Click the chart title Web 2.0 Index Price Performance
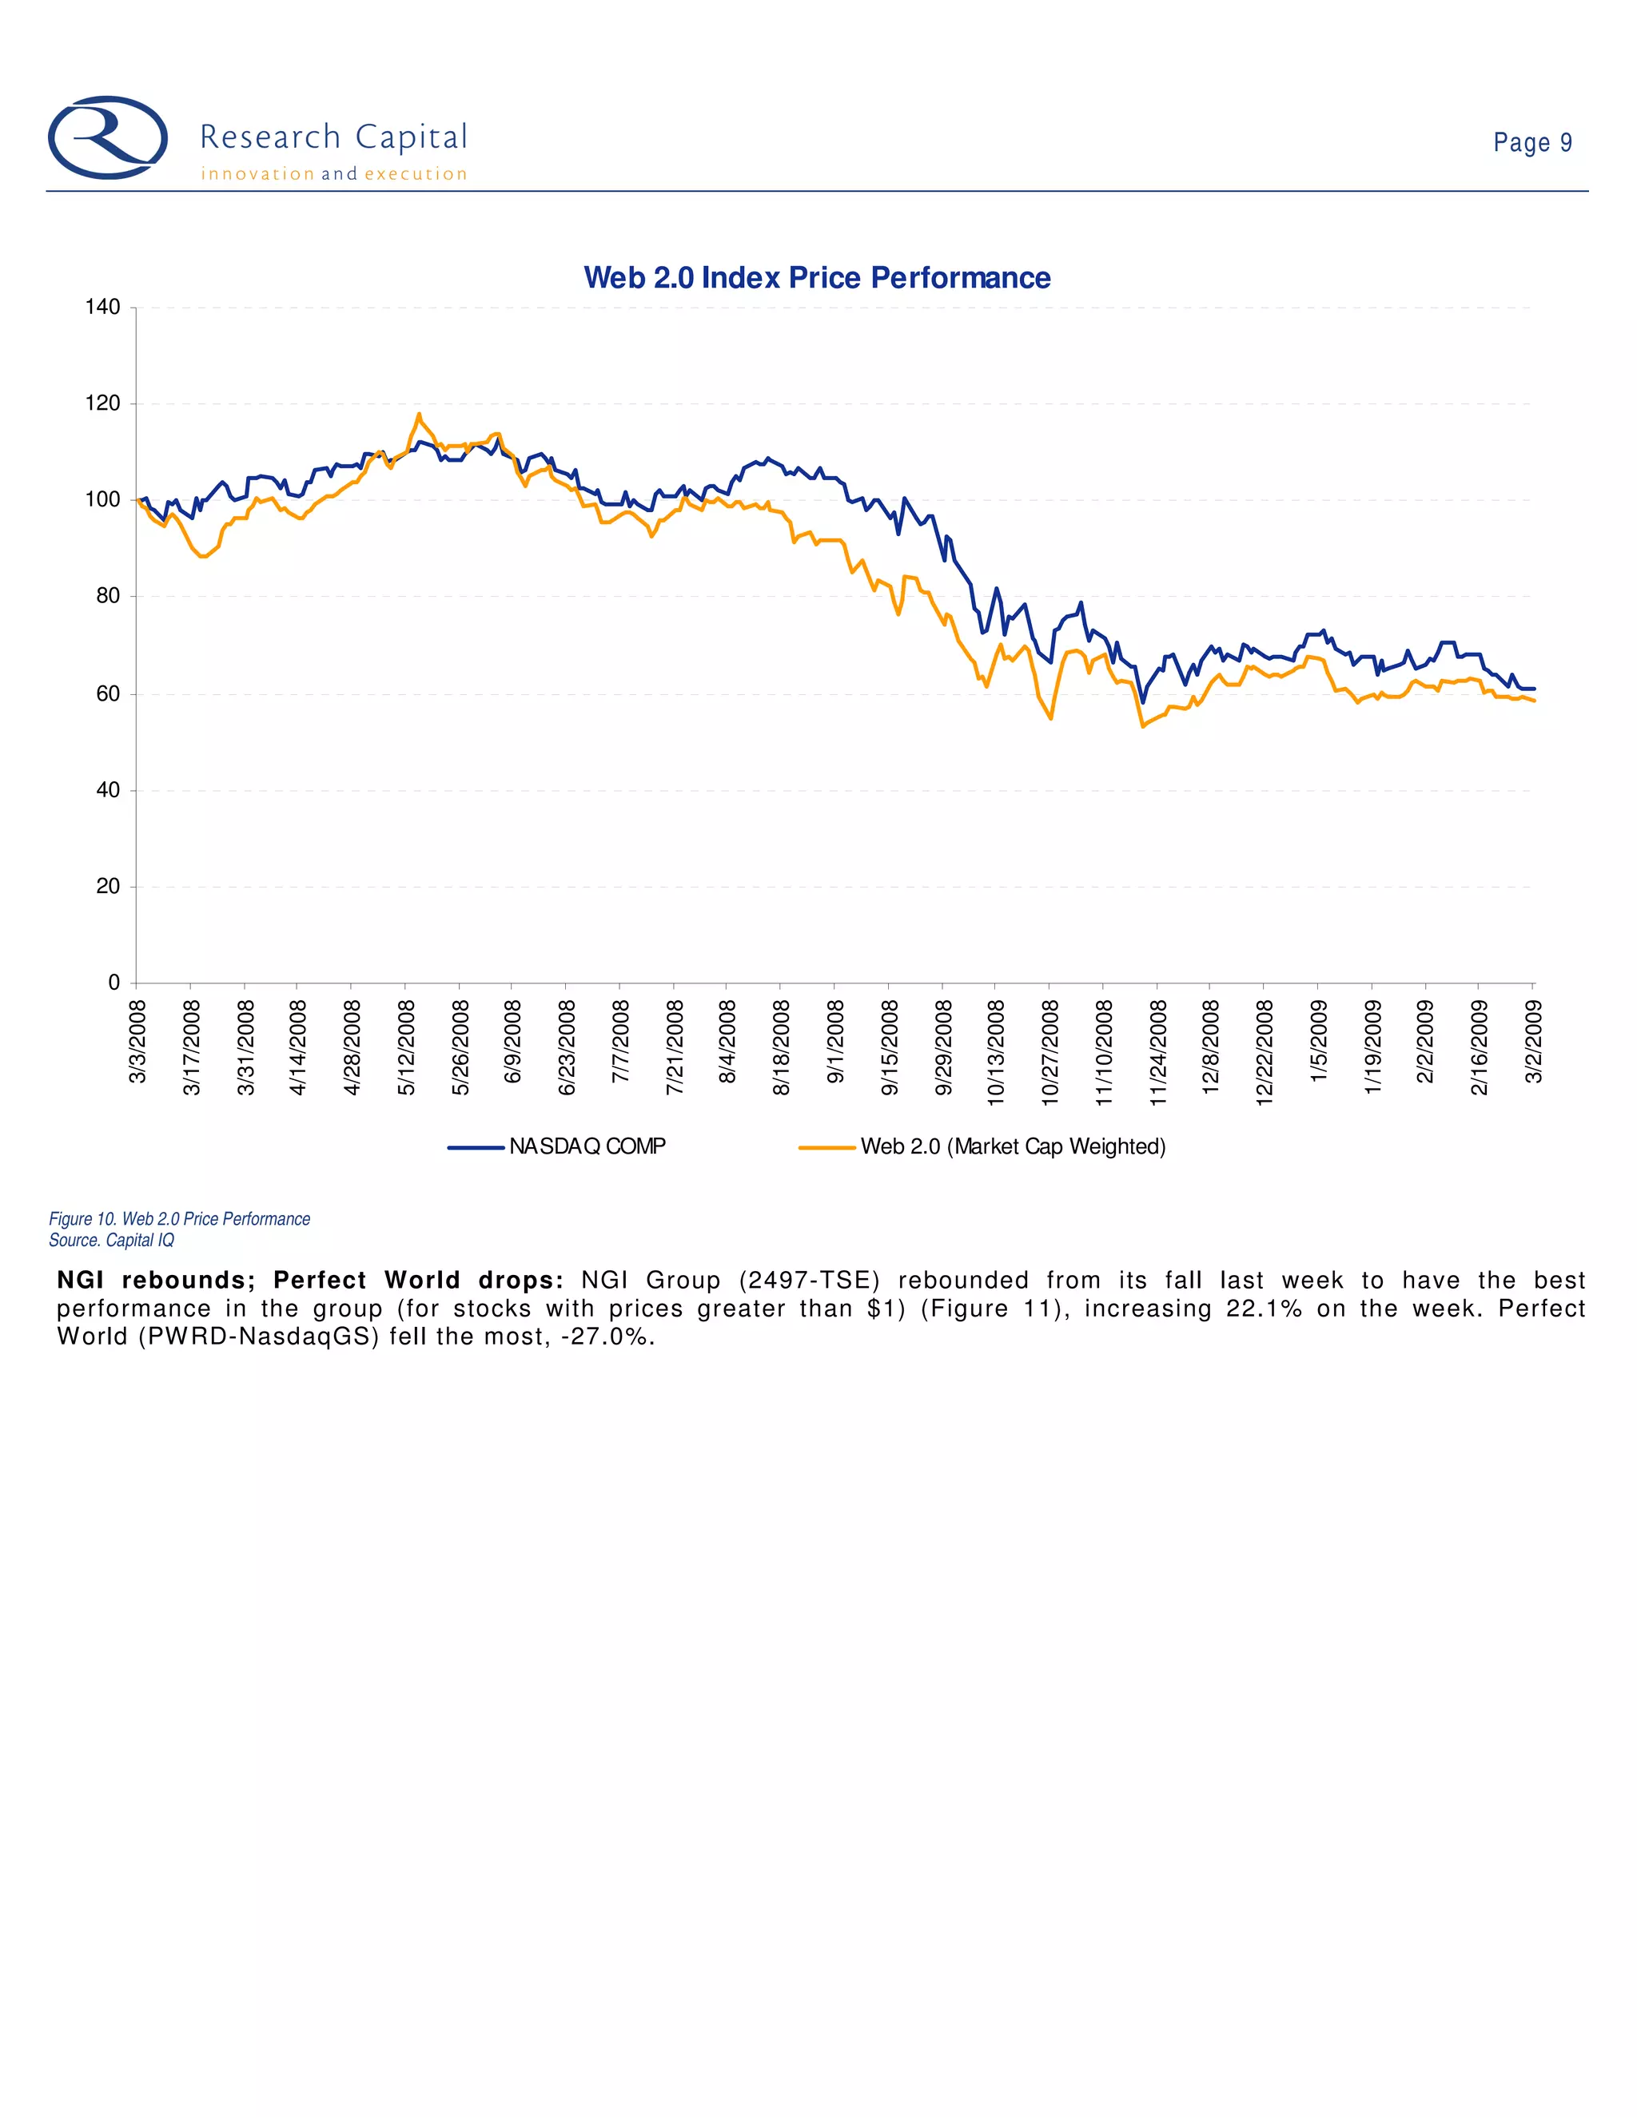817,278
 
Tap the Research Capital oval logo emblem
108,137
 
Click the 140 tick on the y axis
103,308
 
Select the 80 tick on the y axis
108,596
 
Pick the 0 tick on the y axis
114,983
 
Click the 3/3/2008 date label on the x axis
137,1042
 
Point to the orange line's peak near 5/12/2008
419,415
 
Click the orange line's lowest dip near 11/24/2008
1143,726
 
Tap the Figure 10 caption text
179,1219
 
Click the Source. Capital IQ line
112,1241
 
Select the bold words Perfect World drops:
418,1281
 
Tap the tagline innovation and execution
333,174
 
